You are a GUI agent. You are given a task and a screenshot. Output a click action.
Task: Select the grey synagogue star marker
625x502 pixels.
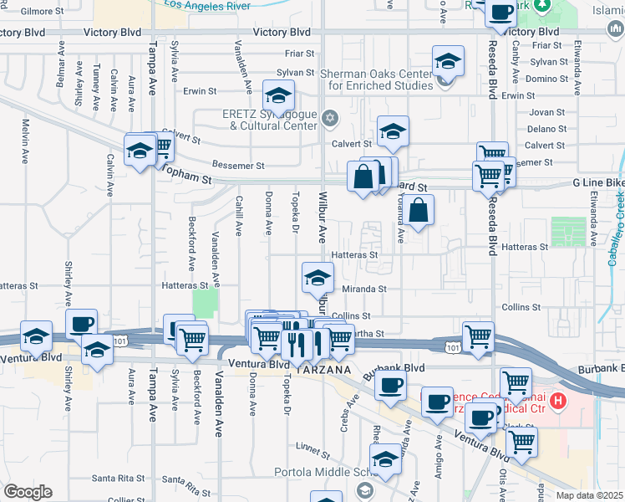(x=331, y=117)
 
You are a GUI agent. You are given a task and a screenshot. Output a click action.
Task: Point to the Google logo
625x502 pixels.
(x=28, y=491)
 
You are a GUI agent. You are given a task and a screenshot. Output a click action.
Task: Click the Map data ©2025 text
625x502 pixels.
(x=587, y=495)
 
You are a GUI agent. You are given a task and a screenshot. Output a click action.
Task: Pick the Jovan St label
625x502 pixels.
(x=547, y=111)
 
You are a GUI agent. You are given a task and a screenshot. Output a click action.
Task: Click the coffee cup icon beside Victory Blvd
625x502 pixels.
(x=501, y=13)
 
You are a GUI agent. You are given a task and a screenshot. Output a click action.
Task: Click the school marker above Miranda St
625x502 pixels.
(x=318, y=277)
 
